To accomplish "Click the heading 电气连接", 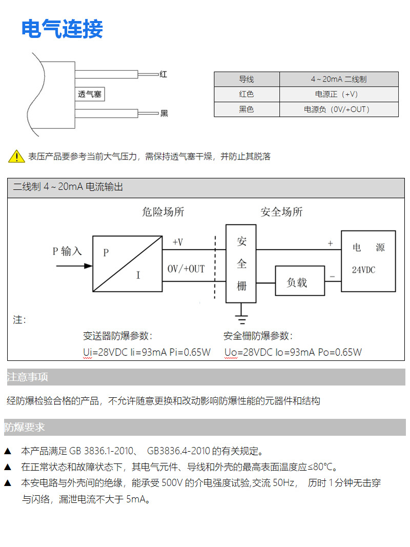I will pos(62,29).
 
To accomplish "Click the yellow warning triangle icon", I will pos(17,156).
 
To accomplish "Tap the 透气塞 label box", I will pos(90,94).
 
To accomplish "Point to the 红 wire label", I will pos(163,74).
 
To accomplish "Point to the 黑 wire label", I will pos(164,113).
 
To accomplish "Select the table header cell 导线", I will pos(247,79).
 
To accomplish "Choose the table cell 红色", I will pos(247,94).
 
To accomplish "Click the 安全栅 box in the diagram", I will pos(241,264).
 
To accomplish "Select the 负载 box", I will pos(300,281).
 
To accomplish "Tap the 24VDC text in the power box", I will pos(363,270).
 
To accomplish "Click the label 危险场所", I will pos(163,212).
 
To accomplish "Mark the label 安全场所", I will pos(281,212).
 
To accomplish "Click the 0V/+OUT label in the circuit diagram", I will pos(186,269).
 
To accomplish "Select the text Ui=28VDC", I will pos(106,352).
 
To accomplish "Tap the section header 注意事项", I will pos(28,377).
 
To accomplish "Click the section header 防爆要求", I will pos(25,427).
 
